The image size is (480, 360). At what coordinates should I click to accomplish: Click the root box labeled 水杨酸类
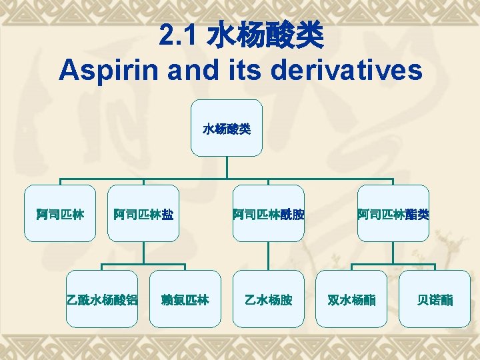pos(227,128)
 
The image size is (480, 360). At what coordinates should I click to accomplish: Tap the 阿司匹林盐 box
pos(143,213)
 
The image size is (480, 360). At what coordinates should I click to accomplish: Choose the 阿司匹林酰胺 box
pos(268,213)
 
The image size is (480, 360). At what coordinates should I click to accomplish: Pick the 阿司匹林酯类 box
pos(393,213)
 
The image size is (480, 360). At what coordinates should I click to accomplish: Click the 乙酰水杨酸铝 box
pos(102,299)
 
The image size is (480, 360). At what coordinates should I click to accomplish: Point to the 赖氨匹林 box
pos(185,299)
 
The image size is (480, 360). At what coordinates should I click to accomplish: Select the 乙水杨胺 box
pos(268,299)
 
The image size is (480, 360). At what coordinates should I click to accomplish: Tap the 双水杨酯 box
pos(351,299)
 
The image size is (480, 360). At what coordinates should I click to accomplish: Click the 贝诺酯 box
pos(435,299)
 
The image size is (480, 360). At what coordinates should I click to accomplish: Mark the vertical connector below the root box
pos(227,167)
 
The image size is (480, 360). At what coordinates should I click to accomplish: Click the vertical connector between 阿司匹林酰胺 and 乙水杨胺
pos(268,255)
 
